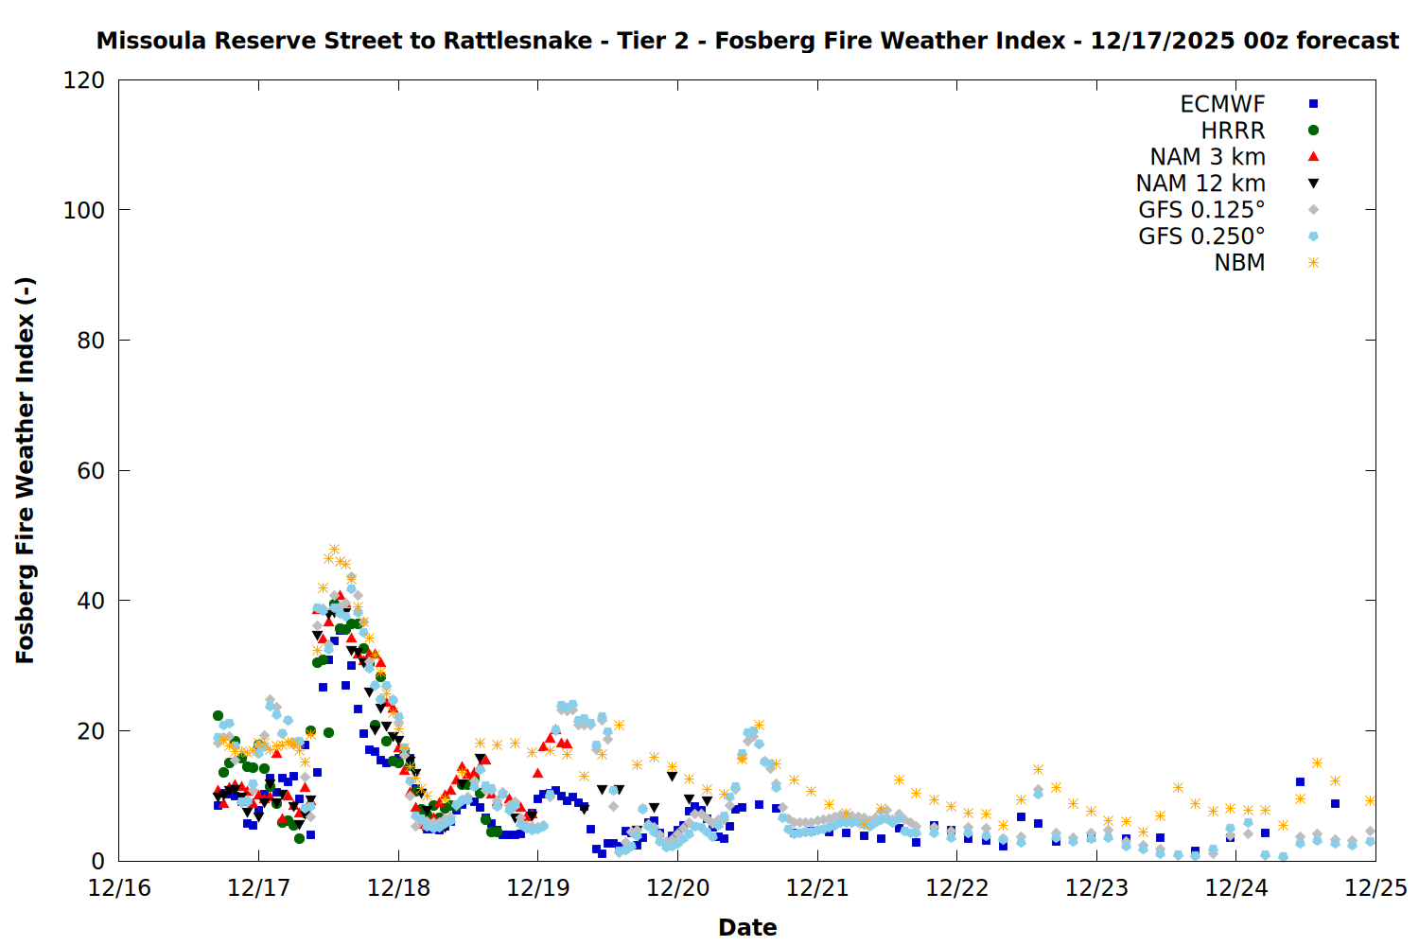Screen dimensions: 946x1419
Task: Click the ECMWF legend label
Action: (x=1222, y=104)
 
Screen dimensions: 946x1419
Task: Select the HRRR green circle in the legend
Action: (x=1313, y=131)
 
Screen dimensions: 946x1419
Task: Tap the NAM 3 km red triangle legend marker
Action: (x=1313, y=157)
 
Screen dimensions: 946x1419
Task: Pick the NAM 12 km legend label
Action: (x=1200, y=184)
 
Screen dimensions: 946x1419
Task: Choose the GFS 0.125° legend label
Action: (x=1201, y=210)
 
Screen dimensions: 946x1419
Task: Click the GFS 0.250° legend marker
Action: (x=1313, y=236)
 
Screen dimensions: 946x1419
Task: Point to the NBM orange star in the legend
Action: (x=1313, y=263)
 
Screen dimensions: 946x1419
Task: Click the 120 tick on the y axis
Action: (x=84, y=80)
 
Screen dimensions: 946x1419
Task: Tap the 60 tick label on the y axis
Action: (x=91, y=471)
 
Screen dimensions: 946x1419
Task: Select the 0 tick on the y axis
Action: (x=98, y=862)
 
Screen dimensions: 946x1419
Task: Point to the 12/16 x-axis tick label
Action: (x=119, y=889)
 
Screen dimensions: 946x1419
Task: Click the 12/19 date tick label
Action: (x=538, y=889)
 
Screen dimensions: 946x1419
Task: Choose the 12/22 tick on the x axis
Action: (x=957, y=889)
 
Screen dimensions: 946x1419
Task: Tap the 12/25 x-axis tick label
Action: (x=1375, y=889)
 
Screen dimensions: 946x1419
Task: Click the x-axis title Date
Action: (x=747, y=928)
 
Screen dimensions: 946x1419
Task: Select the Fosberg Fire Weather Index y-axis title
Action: (x=26, y=471)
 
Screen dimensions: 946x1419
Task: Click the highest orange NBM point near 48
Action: (x=334, y=550)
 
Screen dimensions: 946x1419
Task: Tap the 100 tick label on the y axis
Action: (x=84, y=210)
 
